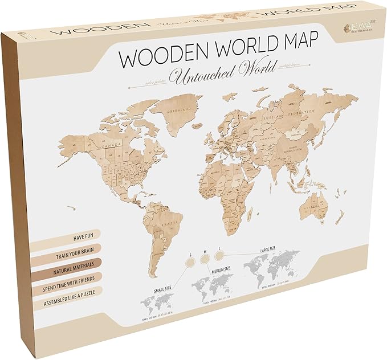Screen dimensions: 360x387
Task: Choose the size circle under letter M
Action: click(x=204, y=257)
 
